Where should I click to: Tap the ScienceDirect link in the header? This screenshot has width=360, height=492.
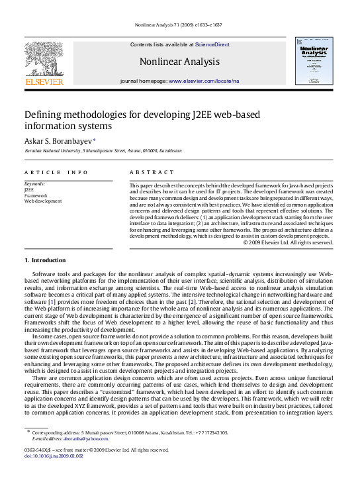212,44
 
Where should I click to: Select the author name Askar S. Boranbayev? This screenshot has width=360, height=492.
58,140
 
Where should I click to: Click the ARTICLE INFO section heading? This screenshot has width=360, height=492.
56,172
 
